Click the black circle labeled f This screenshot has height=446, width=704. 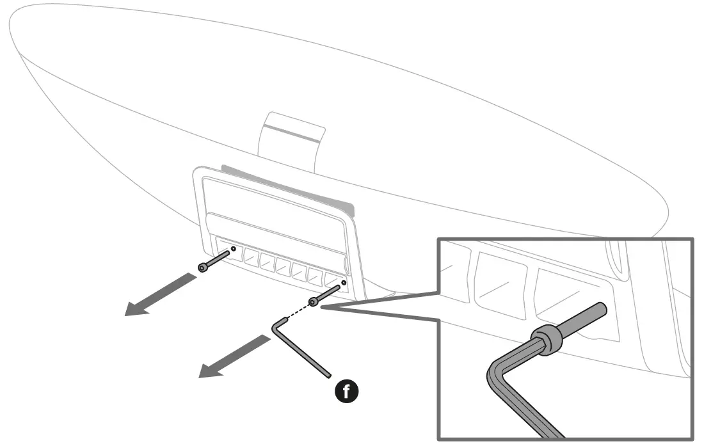[347, 390]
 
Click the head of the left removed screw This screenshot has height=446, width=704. [203, 267]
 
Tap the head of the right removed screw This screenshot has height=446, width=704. [313, 301]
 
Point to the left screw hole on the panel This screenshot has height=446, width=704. [234, 248]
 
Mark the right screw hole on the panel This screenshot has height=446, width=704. [344, 282]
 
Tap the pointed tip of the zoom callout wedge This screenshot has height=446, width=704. [320, 308]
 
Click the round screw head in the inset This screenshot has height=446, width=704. [542, 338]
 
